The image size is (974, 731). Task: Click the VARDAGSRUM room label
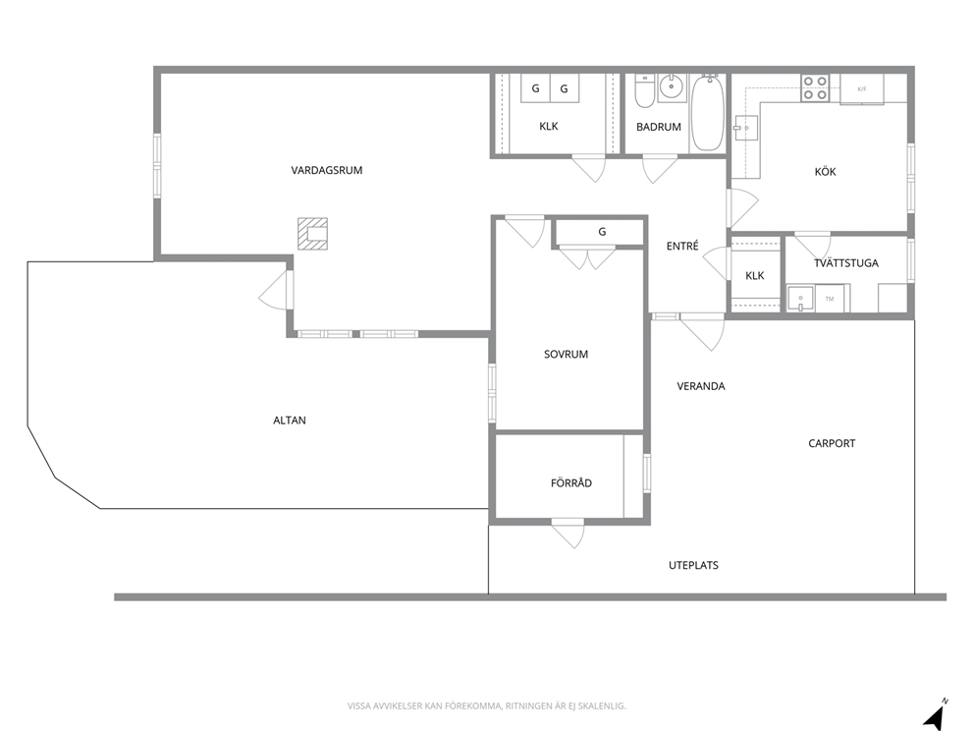(327, 170)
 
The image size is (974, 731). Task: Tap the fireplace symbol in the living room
(312, 234)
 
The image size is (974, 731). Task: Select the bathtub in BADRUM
(708, 113)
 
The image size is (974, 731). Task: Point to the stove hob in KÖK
(815, 88)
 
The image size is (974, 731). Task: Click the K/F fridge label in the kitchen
(861, 89)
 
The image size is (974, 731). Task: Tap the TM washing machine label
(830, 299)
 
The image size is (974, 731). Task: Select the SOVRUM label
(566, 355)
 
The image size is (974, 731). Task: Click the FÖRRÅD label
(571, 483)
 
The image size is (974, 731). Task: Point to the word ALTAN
(290, 421)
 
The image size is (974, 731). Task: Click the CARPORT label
(832, 443)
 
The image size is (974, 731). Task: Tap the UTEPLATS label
(694, 565)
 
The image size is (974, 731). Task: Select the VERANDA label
(701, 386)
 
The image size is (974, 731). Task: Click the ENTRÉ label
(682, 247)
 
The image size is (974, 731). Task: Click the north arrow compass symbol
(936, 715)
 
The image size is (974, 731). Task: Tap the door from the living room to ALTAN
(275, 290)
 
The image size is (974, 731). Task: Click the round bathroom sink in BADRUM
(671, 87)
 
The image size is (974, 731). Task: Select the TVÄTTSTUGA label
(846, 263)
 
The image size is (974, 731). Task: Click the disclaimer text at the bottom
(486, 705)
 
